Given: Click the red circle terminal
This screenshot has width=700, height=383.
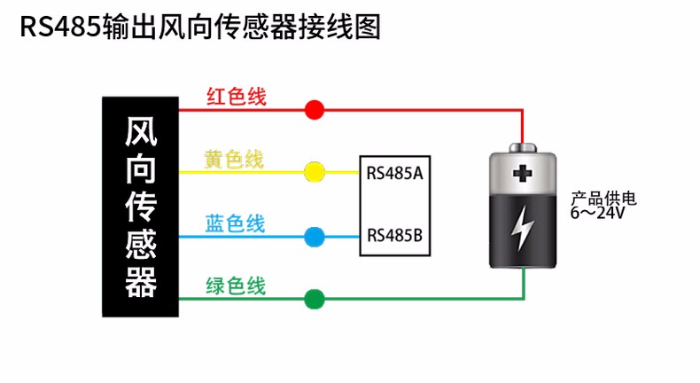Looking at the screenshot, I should point(314,110).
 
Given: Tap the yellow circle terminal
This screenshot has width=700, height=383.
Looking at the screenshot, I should point(314,172).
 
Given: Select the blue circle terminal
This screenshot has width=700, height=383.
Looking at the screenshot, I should point(314,237).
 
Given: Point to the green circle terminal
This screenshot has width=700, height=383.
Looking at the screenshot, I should point(314,300).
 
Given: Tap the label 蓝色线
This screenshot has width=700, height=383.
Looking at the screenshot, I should point(235,223).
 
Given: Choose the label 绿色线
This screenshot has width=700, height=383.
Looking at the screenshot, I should point(236,286).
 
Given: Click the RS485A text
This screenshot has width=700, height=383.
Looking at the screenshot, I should point(393,172).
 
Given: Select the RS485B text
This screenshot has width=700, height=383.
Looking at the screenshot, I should point(393,236).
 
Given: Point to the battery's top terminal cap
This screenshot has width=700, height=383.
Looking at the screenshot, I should point(524,145).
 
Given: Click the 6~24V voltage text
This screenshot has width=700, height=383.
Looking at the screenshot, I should point(598,213).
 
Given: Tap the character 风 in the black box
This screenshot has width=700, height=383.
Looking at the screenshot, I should point(142,132).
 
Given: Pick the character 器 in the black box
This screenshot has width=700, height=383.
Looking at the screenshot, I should point(142,282).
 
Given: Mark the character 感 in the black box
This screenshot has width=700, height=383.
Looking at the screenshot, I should point(142,245).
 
